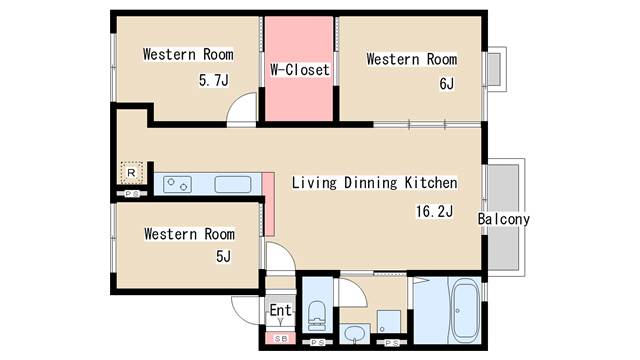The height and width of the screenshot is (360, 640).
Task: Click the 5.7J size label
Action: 214,80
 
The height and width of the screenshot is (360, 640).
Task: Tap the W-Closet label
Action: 300,70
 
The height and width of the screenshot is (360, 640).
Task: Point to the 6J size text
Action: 447,84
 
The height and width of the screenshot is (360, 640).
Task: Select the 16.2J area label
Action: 434,211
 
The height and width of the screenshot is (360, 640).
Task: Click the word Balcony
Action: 504,219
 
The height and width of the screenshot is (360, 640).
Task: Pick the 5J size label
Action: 223,256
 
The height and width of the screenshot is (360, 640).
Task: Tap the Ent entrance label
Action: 281,310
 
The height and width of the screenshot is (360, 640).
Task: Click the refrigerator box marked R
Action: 131,173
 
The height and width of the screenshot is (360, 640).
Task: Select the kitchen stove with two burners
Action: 178,184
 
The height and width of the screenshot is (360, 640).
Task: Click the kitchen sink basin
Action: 233,184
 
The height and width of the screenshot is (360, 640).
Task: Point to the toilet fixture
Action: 316,316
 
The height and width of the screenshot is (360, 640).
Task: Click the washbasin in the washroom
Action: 354,334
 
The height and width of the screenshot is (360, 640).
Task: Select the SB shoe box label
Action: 281,339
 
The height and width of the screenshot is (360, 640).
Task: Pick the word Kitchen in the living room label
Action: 431,182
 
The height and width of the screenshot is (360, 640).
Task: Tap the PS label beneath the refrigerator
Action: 131,194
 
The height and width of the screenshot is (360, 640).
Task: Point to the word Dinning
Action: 370,183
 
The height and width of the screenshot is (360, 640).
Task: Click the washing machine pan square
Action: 389,322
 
